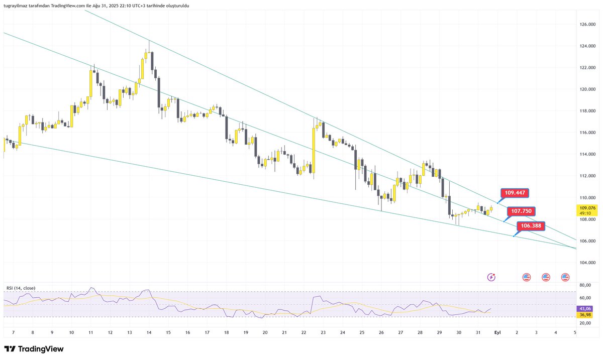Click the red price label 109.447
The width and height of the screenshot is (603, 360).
tap(516, 193)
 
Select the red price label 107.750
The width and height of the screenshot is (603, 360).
tap(521, 211)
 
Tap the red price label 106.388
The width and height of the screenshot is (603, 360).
tap(531, 226)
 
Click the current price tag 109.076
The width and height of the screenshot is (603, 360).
tap(588, 208)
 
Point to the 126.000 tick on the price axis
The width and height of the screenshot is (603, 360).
tap(588, 24)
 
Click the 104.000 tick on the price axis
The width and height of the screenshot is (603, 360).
tap(588, 263)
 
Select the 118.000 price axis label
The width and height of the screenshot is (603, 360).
tap(588, 111)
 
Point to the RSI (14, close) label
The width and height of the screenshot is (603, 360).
tap(21, 288)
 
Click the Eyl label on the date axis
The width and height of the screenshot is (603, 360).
tap(497, 332)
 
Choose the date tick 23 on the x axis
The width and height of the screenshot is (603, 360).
tap(323, 332)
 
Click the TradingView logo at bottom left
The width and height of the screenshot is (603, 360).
tap(34, 349)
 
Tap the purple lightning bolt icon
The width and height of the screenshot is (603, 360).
tap(491, 277)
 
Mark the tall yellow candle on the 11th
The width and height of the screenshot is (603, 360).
tap(91, 83)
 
